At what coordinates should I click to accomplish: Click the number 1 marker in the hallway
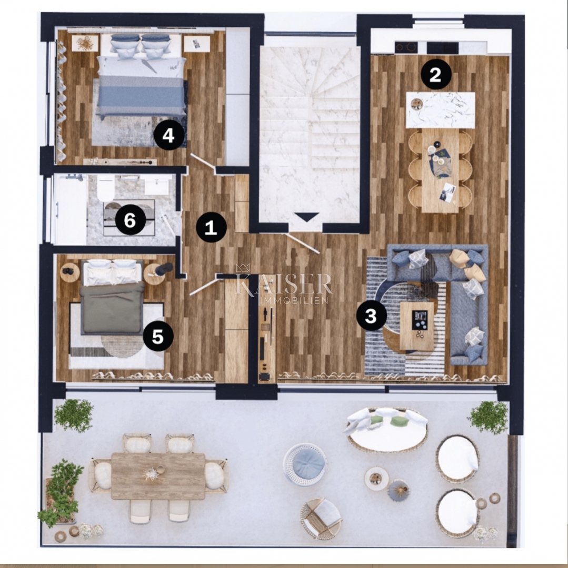(x=211, y=228)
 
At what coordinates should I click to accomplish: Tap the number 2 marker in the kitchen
(x=436, y=75)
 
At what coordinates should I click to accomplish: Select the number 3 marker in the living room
(x=371, y=316)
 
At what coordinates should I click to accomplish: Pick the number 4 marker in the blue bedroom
(x=168, y=136)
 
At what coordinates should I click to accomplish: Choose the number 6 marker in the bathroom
(x=130, y=220)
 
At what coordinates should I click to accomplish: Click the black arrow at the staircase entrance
(x=306, y=217)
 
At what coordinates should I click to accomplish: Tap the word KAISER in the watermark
(x=283, y=283)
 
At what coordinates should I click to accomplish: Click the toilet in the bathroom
(x=106, y=188)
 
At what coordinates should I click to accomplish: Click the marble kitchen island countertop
(x=441, y=110)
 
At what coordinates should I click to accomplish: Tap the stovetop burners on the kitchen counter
(x=406, y=47)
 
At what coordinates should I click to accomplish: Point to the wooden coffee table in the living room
(x=417, y=326)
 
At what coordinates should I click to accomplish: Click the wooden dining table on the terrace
(x=158, y=476)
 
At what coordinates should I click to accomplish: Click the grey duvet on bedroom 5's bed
(x=111, y=307)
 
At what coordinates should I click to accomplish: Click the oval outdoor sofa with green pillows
(x=387, y=429)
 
